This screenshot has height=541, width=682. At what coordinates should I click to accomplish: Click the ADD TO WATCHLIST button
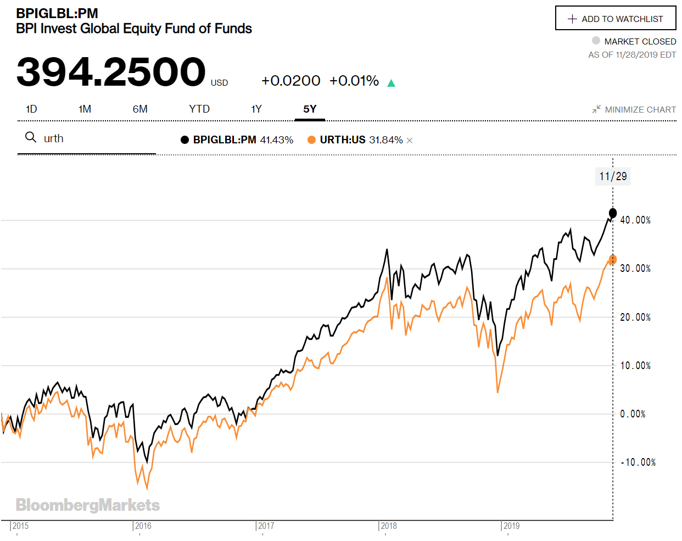tap(615, 19)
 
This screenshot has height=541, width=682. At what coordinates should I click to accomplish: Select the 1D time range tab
tap(31, 109)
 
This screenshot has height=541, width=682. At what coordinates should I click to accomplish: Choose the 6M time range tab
tap(140, 109)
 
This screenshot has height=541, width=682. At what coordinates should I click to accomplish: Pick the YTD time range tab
tap(199, 109)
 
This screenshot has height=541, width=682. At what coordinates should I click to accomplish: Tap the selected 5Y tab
tap(310, 109)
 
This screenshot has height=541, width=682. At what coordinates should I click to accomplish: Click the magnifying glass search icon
tap(31, 137)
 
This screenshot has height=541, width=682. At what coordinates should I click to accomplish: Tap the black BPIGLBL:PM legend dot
tap(185, 140)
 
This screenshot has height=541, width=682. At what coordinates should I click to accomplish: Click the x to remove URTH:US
tap(410, 141)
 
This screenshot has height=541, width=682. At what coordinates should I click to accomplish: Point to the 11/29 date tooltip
tap(613, 176)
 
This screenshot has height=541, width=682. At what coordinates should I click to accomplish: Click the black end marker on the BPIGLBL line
tap(613, 213)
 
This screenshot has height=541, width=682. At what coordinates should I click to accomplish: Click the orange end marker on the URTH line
tap(613, 259)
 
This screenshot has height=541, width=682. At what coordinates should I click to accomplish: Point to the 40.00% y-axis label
tap(635, 220)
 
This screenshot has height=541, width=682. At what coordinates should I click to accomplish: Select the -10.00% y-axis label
tap(638, 462)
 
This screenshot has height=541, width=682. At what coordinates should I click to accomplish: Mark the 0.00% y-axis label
tap(633, 414)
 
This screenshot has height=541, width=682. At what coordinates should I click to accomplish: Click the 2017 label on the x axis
tap(266, 526)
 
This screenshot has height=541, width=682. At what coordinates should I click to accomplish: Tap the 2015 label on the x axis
tap(21, 526)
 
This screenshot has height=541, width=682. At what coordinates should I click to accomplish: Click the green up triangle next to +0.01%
tap(391, 83)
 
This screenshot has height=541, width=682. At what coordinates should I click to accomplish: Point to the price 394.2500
tap(111, 72)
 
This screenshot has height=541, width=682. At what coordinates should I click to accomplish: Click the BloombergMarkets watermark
tap(88, 505)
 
